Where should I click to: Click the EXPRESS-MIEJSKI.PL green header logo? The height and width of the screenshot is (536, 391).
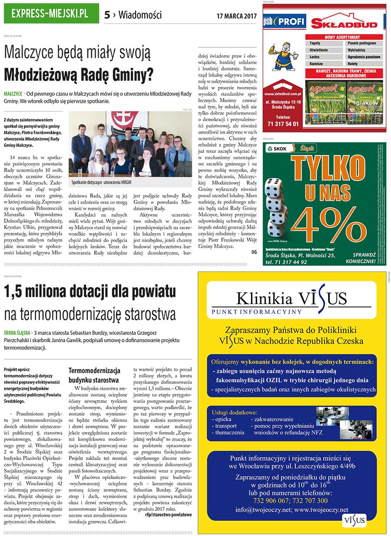pyautogui.click(x=50, y=13)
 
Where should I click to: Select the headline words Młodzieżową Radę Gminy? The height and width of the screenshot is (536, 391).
pyautogui.click(x=79, y=74)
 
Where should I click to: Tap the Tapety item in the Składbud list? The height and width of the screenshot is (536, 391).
pyautogui.click(x=315, y=43)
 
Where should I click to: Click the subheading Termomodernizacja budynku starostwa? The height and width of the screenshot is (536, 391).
pyautogui.click(x=94, y=375)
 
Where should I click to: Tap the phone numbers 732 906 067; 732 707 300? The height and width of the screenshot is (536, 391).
pyautogui.click(x=291, y=500)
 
